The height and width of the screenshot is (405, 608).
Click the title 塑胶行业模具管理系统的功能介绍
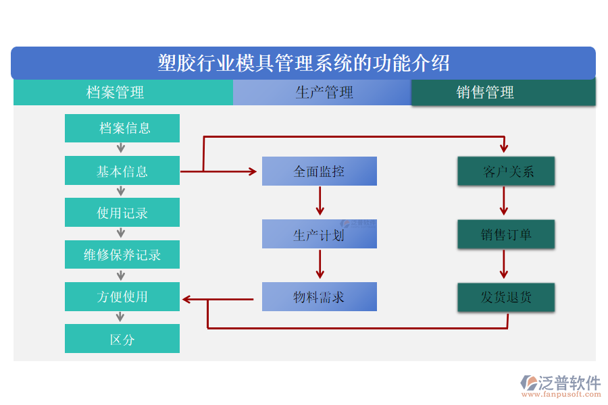[303, 63]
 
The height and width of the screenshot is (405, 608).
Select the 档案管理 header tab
[116, 92]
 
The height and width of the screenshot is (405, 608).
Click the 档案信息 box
[122, 128]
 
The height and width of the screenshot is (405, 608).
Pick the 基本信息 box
[122, 171]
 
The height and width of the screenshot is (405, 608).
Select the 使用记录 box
[122, 213]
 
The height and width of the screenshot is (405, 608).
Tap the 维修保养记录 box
[122, 255]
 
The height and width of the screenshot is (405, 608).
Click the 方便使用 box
[122, 297]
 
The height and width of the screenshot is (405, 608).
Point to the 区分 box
[122, 339]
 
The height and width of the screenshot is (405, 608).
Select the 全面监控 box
[320, 171]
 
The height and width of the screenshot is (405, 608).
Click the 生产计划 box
[320, 234]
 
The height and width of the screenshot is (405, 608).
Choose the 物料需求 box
[320, 297]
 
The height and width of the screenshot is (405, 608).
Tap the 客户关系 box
[507, 171]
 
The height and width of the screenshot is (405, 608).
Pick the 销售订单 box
[507, 234]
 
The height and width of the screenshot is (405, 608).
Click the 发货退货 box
[507, 297]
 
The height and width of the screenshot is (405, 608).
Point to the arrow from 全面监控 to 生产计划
[320, 200]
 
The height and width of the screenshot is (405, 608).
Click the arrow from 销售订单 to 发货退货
[504, 265]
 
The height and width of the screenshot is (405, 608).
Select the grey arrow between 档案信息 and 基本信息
[121, 148]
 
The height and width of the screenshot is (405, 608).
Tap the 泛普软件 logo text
[569, 383]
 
